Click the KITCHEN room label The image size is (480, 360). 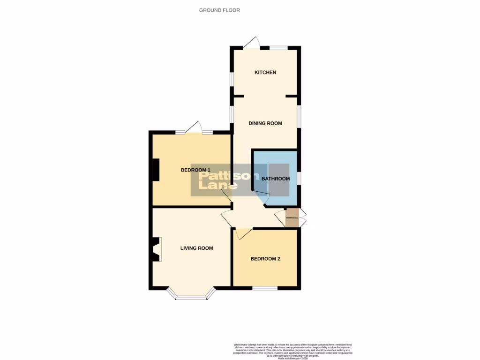pyautogui.click(x=265, y=73)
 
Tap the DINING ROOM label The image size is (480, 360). pyautogui.click(x=265, y=123)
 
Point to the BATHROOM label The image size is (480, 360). pyautogui.click(x=276, y=179)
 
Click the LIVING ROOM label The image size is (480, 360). pyautogui.click(x=197, y=248)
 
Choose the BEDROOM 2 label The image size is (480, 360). pyautogui.click(x=265, y=259)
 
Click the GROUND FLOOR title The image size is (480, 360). pyautogui.click(x=219, y=10)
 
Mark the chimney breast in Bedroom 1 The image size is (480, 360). pyautogui.click(x=155, y=170)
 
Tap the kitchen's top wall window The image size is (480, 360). pyautogui.click(x=278, y=47)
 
